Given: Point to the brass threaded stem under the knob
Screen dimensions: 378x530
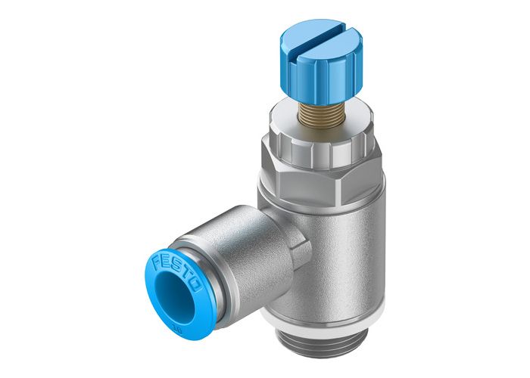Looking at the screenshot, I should point(306,107).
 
